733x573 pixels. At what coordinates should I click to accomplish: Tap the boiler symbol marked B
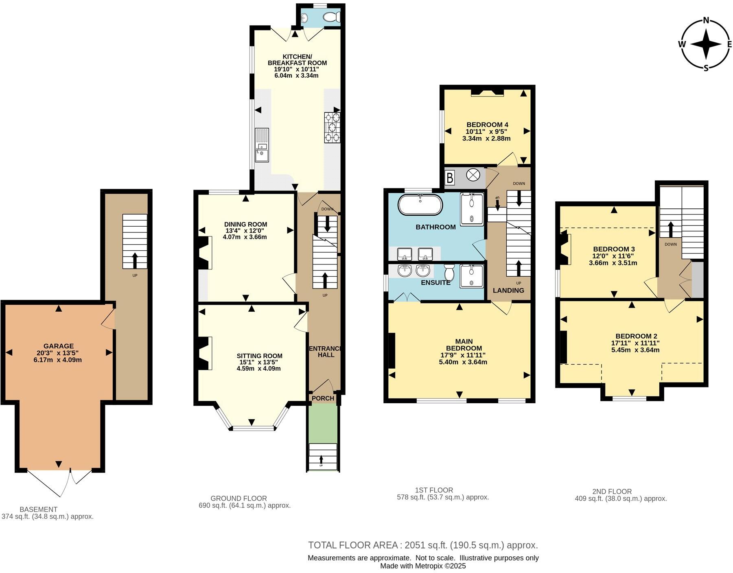tap(450, 178)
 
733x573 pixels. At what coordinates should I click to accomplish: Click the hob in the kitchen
tap(333, 127)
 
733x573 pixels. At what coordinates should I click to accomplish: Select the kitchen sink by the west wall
tap(262, 145)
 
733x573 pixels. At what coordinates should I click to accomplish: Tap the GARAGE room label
tap(59, 346)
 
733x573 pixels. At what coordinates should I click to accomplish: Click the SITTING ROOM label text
tap(259, 356)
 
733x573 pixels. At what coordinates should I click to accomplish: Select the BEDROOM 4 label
tap(487, 125)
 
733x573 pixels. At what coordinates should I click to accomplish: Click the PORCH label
tap(323, 398)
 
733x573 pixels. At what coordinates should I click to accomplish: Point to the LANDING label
tap(508, 290)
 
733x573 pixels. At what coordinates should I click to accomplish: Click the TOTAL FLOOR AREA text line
tap(423, 545)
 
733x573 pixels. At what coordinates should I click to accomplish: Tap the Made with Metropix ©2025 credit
tap(423, 566)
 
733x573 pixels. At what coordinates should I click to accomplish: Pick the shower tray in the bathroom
tap(472, 209)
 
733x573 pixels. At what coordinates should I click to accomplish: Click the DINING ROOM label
tap(245, 224)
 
